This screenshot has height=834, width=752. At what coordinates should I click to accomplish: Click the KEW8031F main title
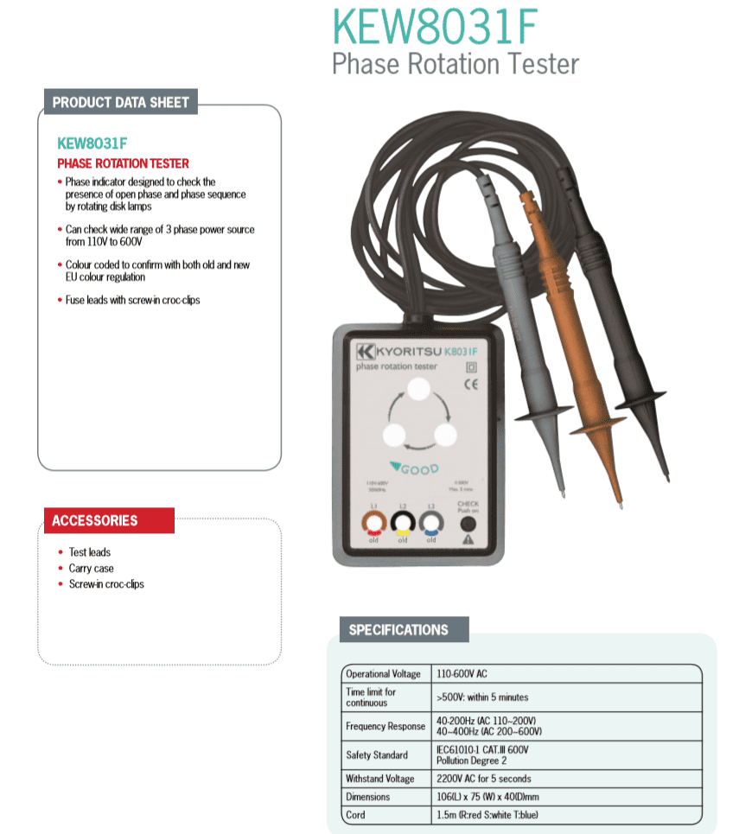coord(436,28)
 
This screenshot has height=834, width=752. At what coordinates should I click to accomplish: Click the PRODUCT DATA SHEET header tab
coord(120,102)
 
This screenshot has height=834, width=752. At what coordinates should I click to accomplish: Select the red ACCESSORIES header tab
coord(95,520)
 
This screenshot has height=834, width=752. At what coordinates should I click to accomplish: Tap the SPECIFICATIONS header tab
coord(398,630)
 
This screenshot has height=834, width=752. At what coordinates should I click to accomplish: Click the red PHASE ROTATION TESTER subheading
coord(123,163)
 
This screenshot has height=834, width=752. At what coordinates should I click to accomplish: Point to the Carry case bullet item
coord(91,568)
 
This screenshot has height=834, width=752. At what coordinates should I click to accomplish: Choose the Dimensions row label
coord(367,797)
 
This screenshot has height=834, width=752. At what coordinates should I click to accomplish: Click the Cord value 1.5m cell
coord(492,815)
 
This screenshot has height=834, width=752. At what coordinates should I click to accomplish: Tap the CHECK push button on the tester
coord(468,524)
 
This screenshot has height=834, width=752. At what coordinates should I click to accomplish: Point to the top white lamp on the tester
coord(418,391)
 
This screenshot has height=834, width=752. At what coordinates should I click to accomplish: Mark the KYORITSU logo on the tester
coord(398,351)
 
